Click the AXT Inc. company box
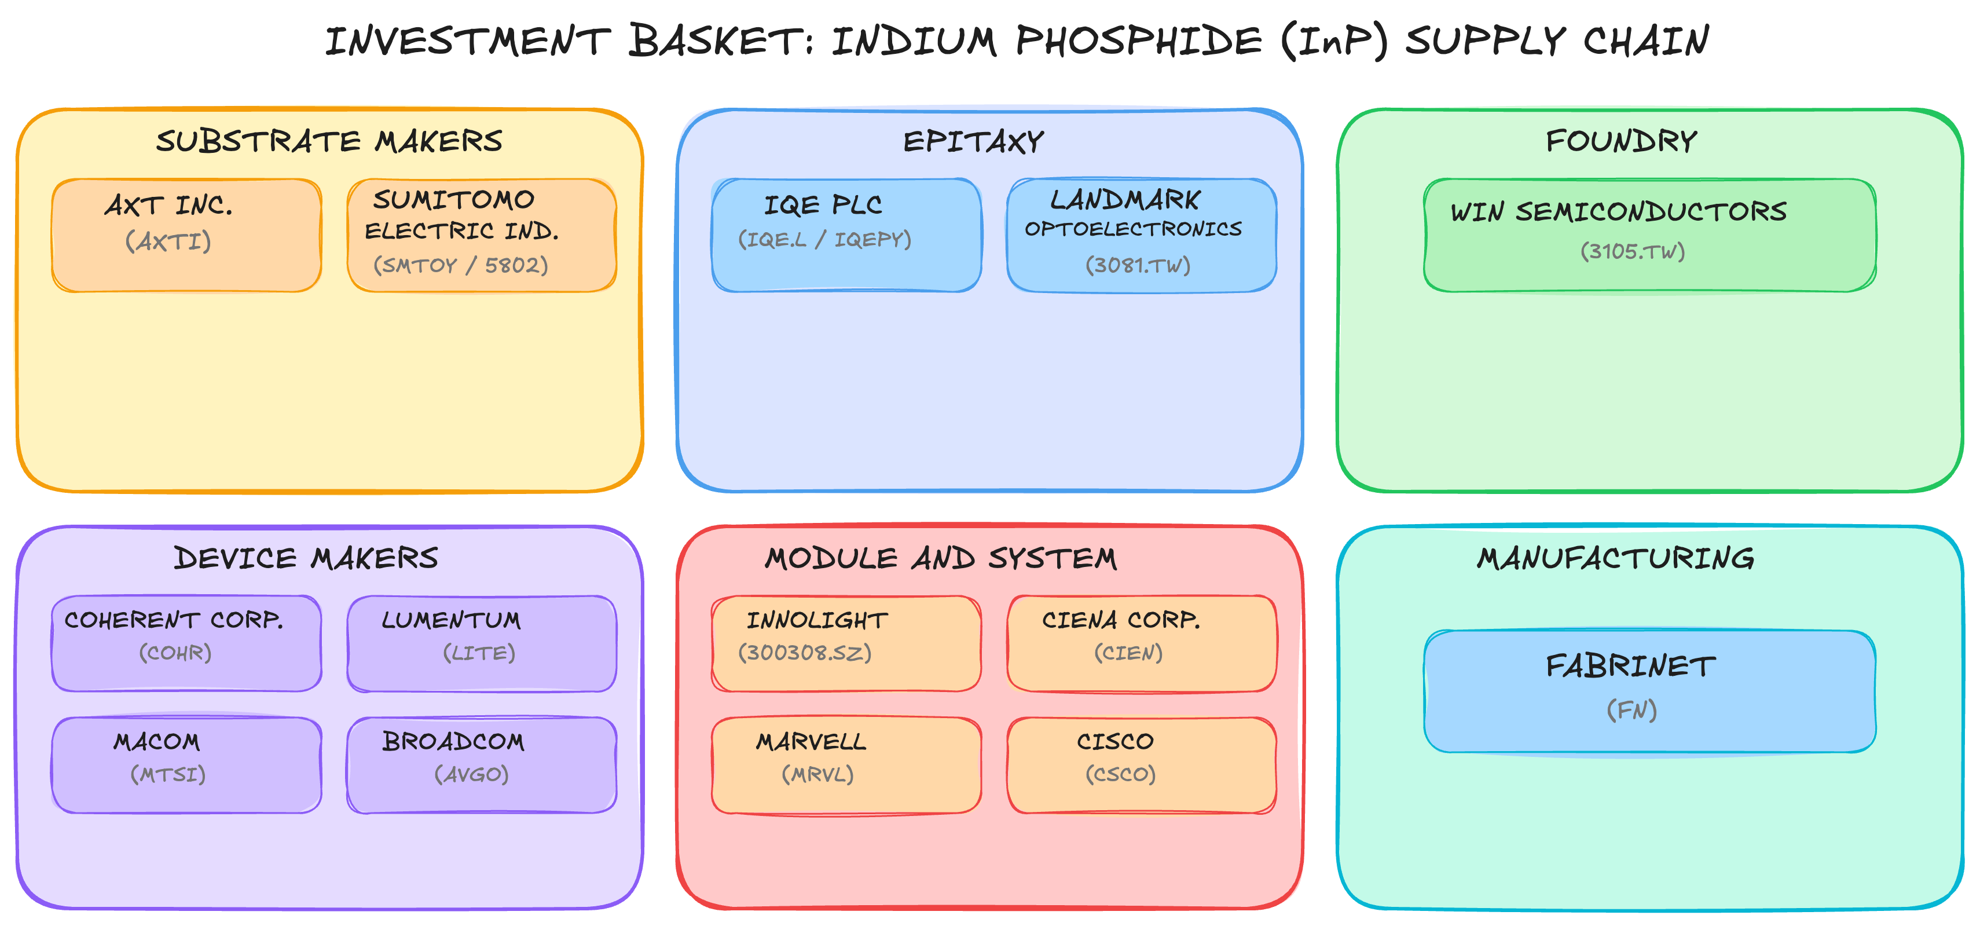[x=186, y=235]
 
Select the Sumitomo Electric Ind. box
[x=482, y=235]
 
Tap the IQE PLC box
[x=846, y=235]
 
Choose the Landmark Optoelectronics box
[x=1142, y=235]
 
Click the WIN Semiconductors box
[x=1649, y=235]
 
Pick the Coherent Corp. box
[x=186, y=643]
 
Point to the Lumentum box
[x=482, y=643]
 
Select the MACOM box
[x=186, y=764]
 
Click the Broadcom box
[x=482, y=764]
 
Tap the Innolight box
[x=846, y=643]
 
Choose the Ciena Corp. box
[x=1142, y=643]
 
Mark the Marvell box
[x=846, y=764]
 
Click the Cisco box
[x=1142, y=764]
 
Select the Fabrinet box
[x=1649, y=691]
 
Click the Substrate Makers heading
[x=329, y=141]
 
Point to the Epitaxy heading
[x=973, y=141]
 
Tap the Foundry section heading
[x=1621, y=141]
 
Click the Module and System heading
[x=941, y=558]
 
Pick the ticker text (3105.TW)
[x=1633, y=251]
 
